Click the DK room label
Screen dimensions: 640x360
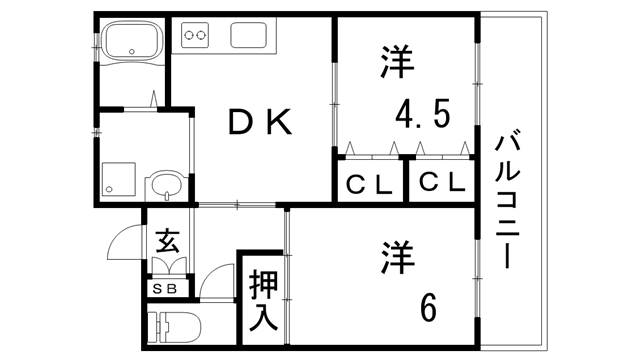(x=259, y=123)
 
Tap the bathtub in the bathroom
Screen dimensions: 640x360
(x=132, y=44)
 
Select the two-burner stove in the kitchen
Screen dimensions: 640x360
(x=194, y=38)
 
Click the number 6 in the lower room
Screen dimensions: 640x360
(x=428, y=307)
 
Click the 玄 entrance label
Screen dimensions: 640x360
(x=166, y=242)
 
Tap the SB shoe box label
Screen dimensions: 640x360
(x=164, y=288)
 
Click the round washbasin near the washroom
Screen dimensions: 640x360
(x=163, y=185)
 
